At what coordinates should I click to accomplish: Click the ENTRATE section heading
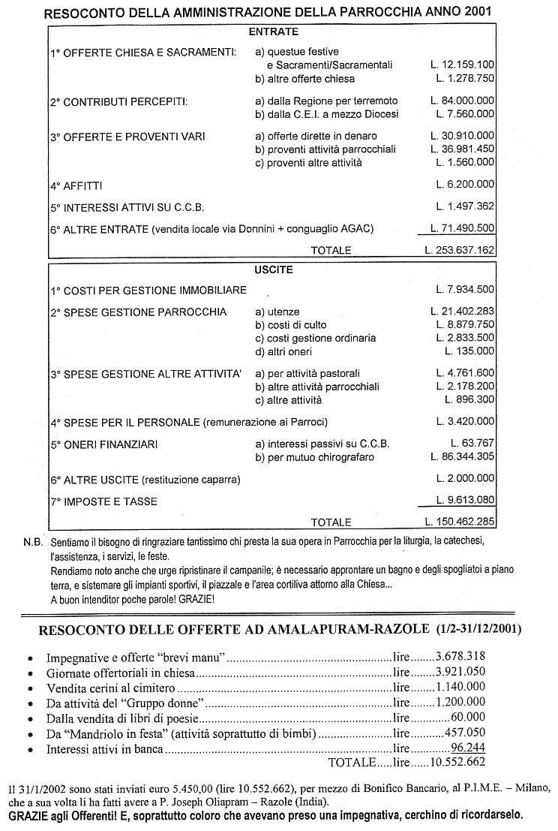point(273,32)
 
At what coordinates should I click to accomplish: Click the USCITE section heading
point(273,269)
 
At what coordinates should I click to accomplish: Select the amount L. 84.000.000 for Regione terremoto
point(462,101)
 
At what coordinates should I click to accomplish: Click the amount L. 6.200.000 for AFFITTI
point(465,184)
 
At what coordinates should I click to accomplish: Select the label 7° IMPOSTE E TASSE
point(104,501)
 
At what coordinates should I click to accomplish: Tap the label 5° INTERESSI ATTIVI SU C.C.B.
point(127,206)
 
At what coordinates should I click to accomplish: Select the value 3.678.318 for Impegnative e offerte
point(460,657)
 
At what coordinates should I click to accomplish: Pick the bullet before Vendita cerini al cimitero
point(29,688)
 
